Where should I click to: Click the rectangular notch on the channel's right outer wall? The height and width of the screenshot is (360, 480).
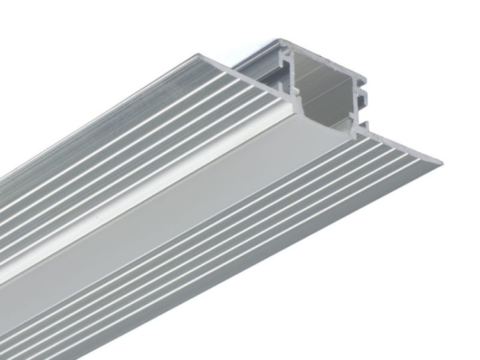tap(362, 97)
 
